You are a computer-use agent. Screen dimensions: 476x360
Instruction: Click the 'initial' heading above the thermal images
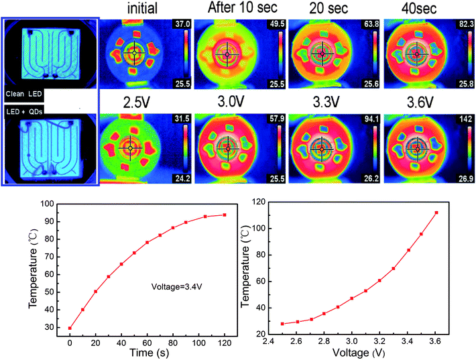(142, 8)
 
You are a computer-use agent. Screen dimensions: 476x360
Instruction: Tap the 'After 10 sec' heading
(242, 7)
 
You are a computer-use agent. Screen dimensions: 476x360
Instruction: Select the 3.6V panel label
(420, 103)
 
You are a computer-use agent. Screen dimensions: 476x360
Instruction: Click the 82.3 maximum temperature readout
(466, 24)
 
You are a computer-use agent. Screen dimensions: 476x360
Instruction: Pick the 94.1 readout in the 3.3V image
(371, 119)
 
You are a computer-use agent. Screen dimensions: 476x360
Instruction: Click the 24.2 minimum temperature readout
(182, 178)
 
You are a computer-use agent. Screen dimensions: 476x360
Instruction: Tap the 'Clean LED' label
(23, 94)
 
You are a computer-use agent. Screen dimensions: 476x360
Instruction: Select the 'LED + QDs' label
(24, 112)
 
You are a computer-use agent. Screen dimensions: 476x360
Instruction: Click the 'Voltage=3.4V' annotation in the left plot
(176, 286)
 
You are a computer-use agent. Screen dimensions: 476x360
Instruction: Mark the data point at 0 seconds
(70, 328)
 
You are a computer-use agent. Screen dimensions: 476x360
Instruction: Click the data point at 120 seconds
(225, 215)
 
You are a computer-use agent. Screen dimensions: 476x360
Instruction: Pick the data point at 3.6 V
(436, 213)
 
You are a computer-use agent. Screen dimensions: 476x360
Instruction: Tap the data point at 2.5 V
(282, 324)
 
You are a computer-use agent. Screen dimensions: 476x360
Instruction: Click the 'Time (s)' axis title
(149, 353)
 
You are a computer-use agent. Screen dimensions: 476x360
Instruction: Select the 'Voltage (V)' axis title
(359, 353)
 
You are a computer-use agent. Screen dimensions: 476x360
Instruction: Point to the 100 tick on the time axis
(198, 343)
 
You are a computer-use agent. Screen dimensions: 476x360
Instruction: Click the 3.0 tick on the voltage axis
(351, 342)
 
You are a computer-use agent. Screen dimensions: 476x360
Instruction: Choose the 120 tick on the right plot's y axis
(259, 202)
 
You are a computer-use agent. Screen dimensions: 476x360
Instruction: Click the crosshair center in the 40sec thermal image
(417, 54)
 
